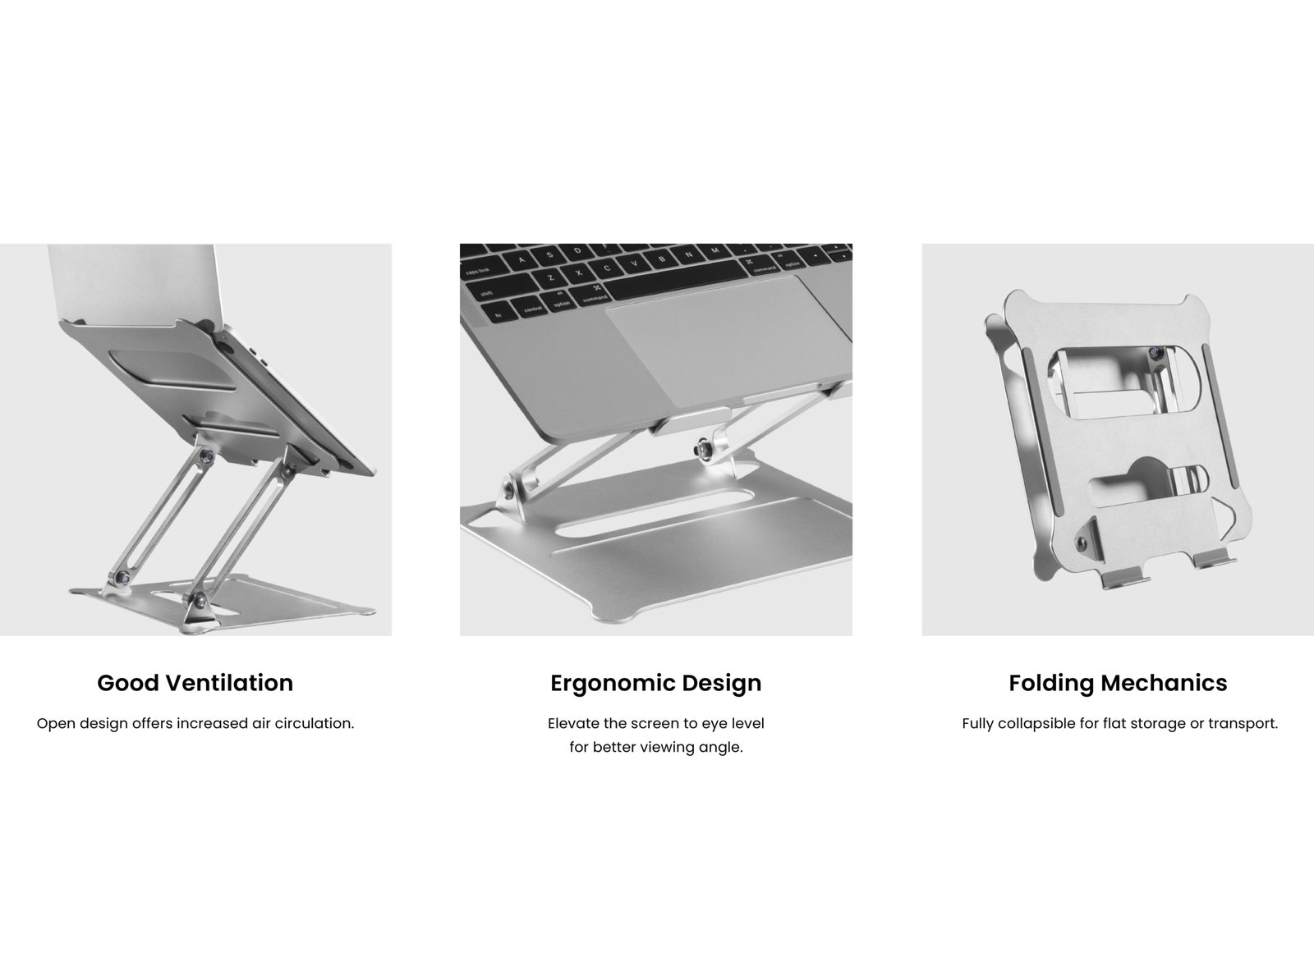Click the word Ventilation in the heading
[229, 683]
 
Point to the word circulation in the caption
[315, 723]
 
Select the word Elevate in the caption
[573, 723]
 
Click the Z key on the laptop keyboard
[549, 278]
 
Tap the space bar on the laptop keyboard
[677, 278]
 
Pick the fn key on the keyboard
[498, 314]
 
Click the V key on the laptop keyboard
[634, 263]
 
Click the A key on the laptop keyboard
[521, 259]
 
